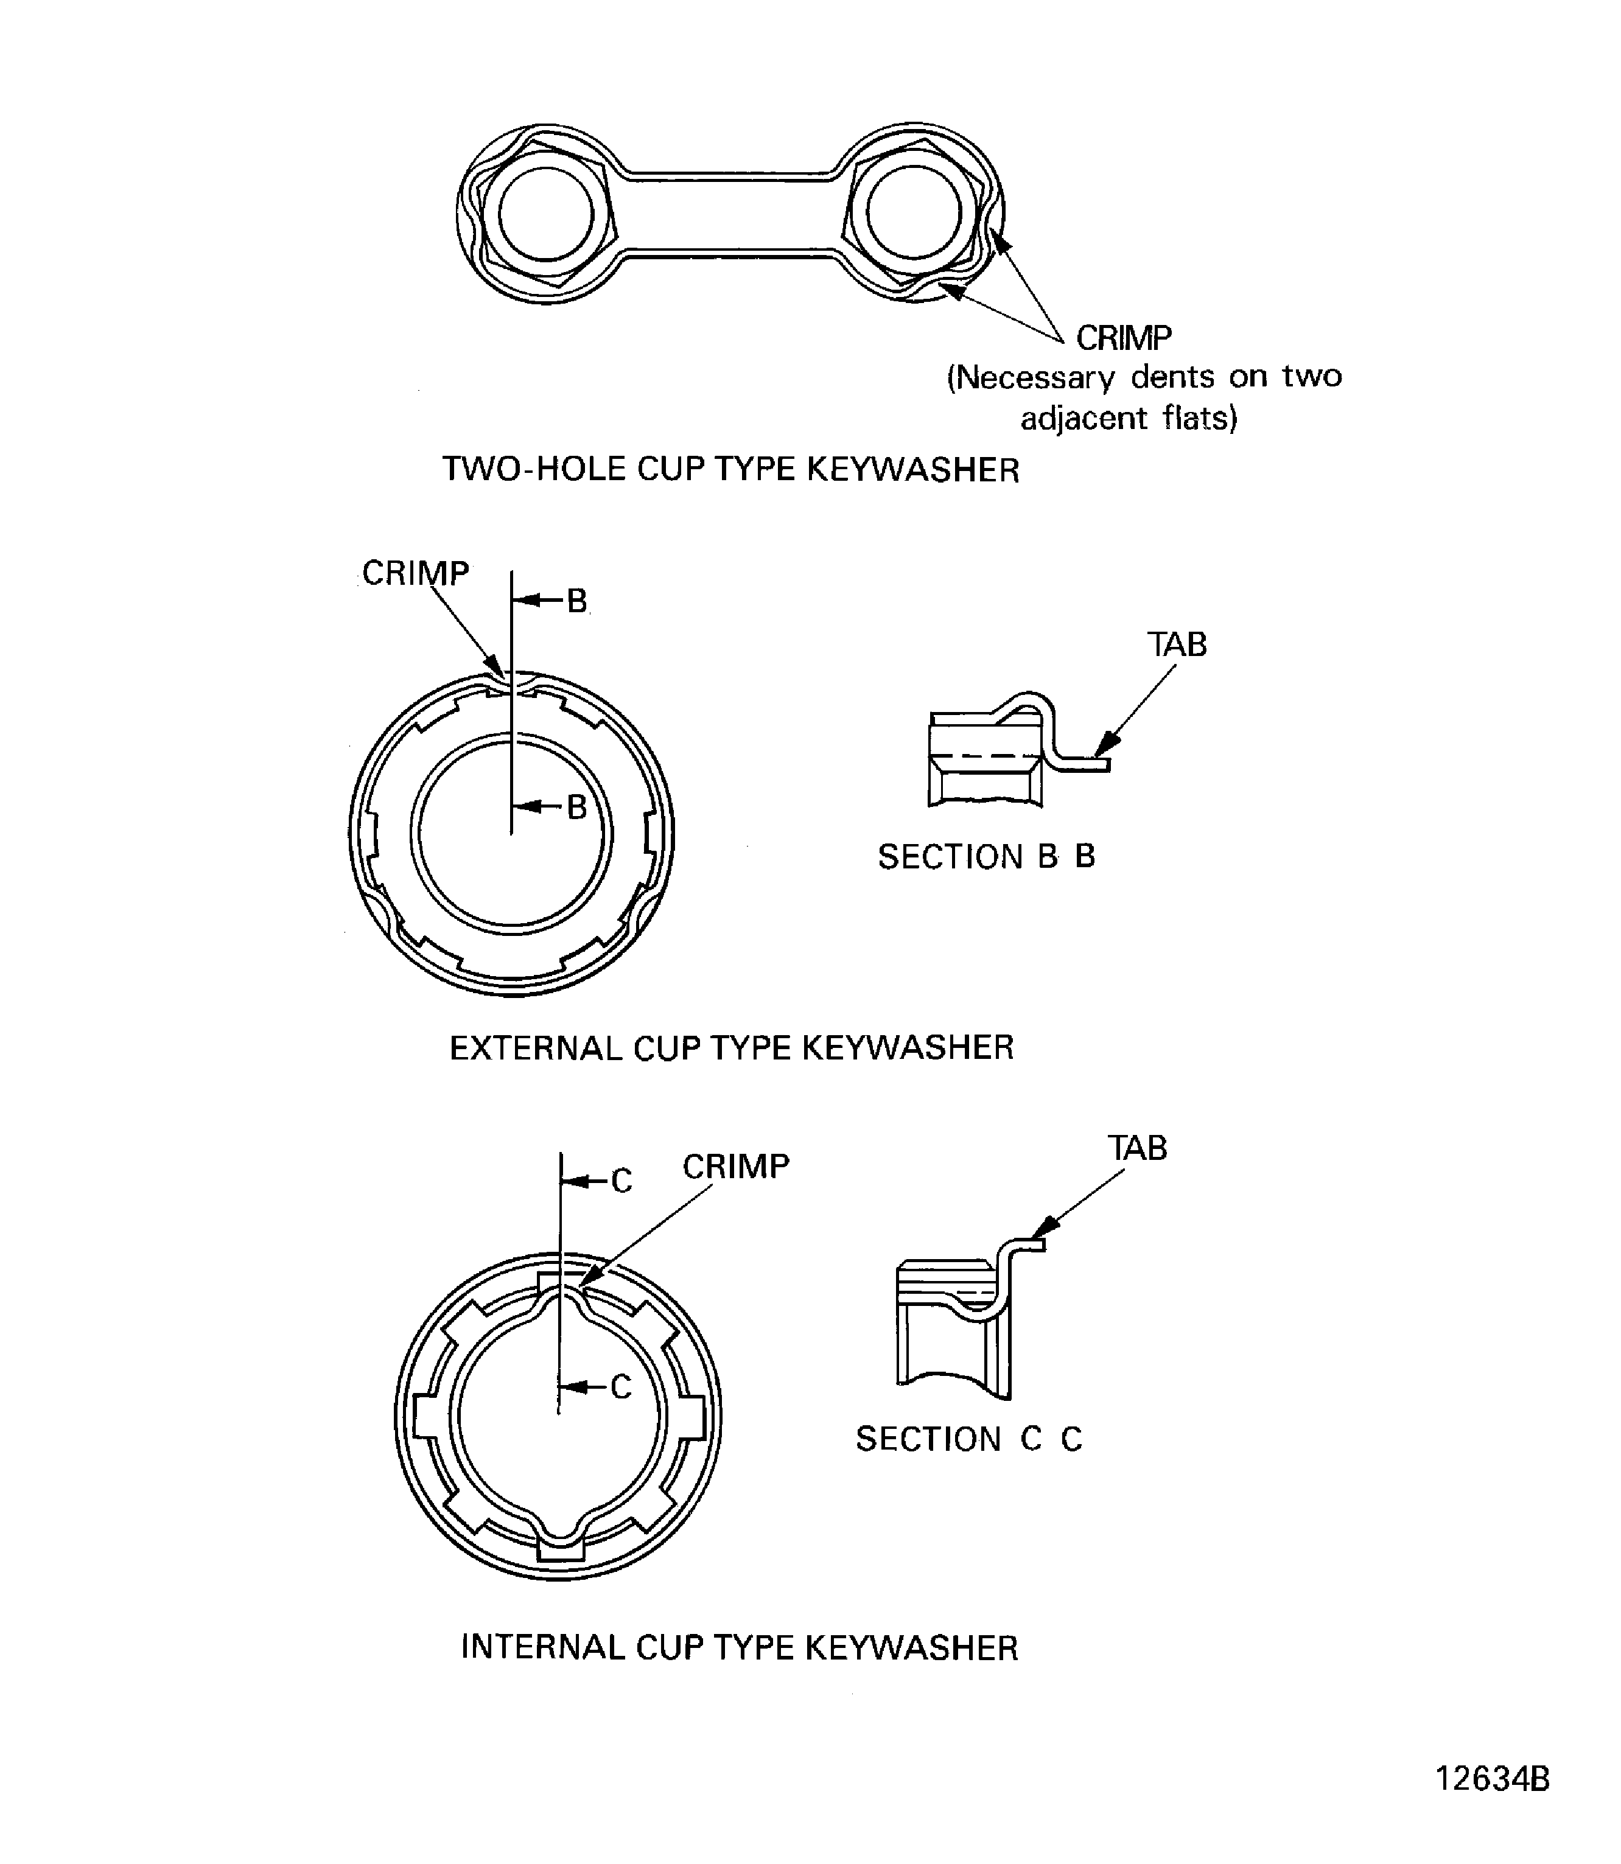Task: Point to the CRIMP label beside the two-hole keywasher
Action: (x=1124, y=338)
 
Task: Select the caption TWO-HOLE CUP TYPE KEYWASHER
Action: (x=730, y=469)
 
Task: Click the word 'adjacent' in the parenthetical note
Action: (x=1071, y=418)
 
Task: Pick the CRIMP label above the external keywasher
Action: (x=415, y=573)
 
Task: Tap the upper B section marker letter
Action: (x=577, y=601)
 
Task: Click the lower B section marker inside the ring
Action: (x=577, y=807)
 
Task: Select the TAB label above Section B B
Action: (x=1177, y=644)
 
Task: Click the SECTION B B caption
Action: (x=986, y=856)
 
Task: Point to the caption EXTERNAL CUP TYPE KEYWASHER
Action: (x=731, y=1047)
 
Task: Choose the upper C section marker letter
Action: (x=621, y=1181)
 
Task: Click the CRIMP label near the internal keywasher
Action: (x=735, y=1167)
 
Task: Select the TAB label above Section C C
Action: (x=1137, y=1148)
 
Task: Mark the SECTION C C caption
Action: (x=969, y=1439)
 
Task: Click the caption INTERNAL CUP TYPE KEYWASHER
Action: (x=739, y=1648)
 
